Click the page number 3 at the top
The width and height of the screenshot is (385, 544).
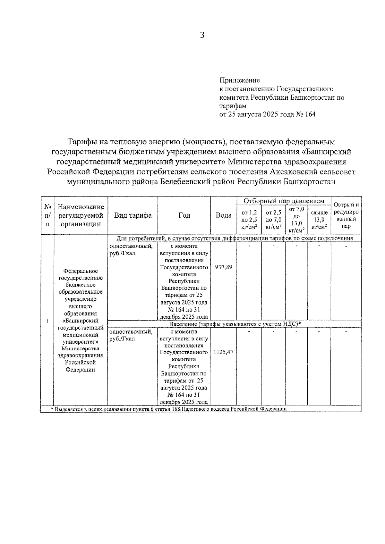[x=202, y=35]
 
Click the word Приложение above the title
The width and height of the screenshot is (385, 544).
[x=240, y=80]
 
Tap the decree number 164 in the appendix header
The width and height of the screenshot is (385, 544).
[x=310, y=114]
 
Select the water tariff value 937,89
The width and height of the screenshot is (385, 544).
[x=224, y=267]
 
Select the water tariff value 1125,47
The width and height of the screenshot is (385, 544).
[x=224, y=352]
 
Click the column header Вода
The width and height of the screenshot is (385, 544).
[x=224, y=215]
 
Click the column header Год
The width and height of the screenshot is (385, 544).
[x=184, y=215]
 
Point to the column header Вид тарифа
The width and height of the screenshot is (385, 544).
[x=133, y=215]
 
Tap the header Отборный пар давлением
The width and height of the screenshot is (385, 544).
[x=284, y=201]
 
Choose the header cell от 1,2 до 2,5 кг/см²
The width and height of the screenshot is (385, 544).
[x=249, y=219]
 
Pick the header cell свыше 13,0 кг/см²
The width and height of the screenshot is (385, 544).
[x=319, y=219]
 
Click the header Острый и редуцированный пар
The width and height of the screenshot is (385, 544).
[x=346, y=215]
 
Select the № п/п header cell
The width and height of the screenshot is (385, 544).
[x=47, y=215]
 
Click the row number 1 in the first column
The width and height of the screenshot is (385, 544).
[x=47, y=321]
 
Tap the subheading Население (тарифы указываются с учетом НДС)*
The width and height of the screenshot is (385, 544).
[x=235, y=324]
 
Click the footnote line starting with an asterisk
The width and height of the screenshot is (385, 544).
[x=168, y=409]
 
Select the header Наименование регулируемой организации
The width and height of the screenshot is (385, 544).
[x=81, y=215]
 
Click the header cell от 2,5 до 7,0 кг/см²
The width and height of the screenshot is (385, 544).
[x=274, y=219]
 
